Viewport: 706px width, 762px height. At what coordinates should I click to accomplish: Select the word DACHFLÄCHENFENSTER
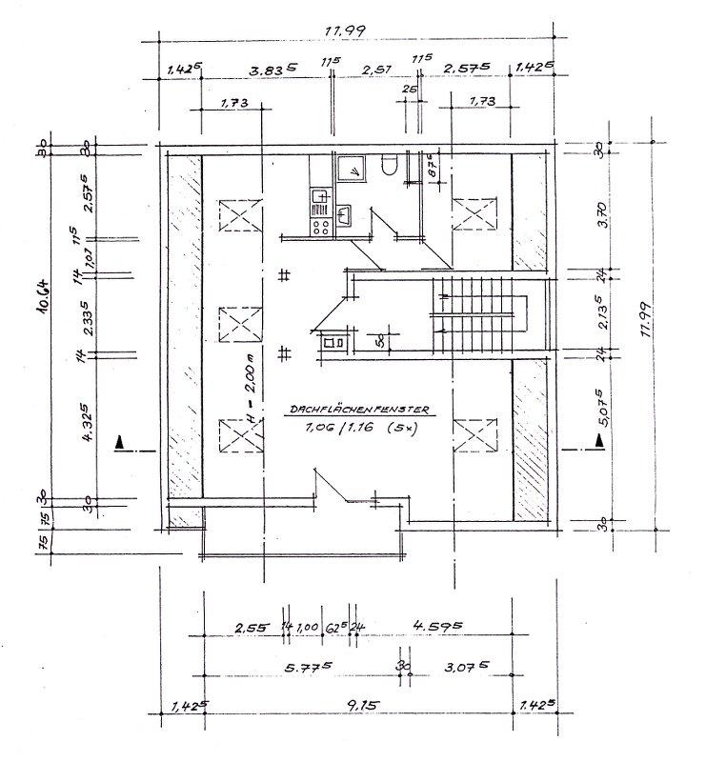pyautogui.click(x=361, y=409)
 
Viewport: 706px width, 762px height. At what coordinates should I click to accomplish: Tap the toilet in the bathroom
pyautogui.click(x=387, y=168)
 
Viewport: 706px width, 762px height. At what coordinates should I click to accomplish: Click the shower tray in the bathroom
pyautogui.click(x=353, y=170)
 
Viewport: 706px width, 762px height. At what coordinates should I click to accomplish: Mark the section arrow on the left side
pyautogui.click(x=120, y=443)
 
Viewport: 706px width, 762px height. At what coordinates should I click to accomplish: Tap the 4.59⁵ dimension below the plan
pyautogui.click(x=437, y=627)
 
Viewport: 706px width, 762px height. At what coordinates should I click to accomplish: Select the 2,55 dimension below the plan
pyautogui.click(x=252, y=628)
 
